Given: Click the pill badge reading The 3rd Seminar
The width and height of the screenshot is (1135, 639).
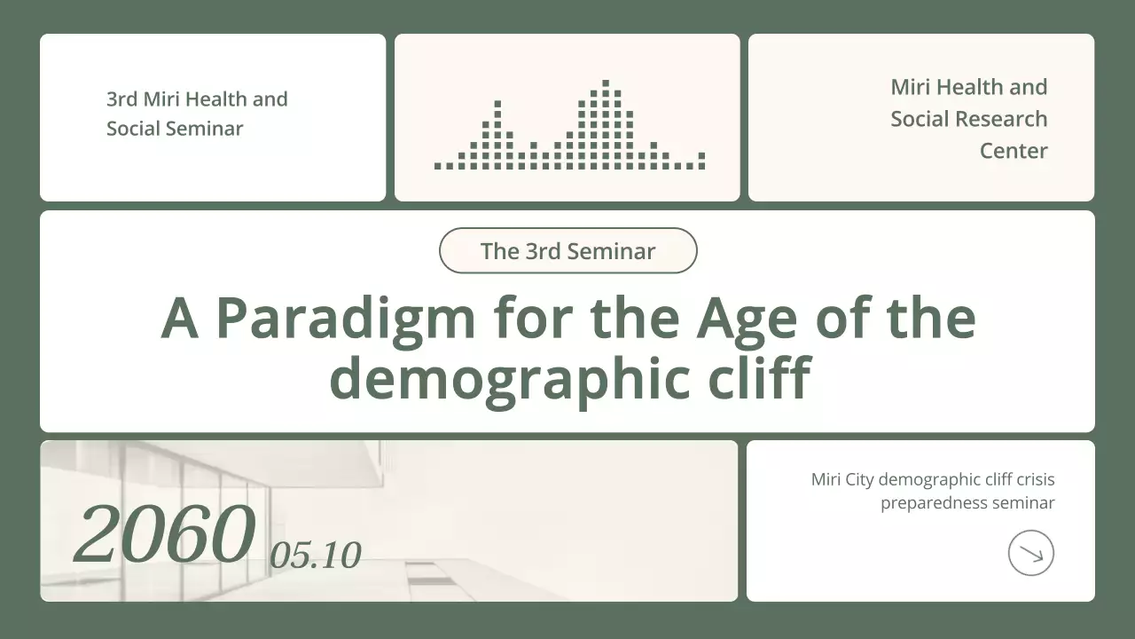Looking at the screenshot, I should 567,251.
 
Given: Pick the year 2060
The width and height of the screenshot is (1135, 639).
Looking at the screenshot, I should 165,534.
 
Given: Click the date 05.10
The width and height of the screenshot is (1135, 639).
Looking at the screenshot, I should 316,556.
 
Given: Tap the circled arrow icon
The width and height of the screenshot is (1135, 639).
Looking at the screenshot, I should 1030,553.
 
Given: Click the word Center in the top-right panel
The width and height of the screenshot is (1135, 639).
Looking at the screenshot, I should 1014,151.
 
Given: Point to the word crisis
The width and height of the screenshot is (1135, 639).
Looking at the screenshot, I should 1035,480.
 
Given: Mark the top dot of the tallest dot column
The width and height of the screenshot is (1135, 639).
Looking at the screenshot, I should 606,83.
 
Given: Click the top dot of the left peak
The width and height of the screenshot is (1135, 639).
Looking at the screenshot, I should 497,104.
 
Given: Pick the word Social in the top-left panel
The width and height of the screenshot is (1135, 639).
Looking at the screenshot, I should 129,129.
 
